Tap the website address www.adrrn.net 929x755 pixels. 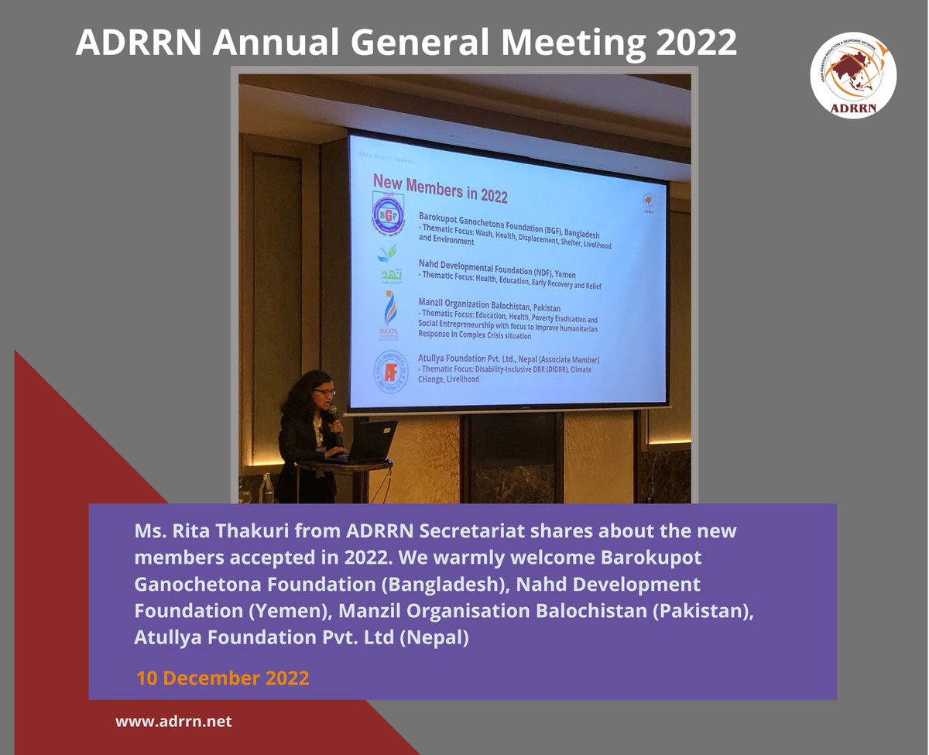[173, 721]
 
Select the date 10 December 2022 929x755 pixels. [223, 678]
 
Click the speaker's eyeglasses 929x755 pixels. [324, 393]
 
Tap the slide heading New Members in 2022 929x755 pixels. [440, 187]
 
